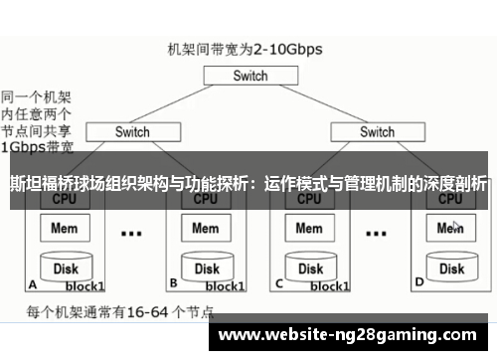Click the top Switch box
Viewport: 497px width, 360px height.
point(250,75)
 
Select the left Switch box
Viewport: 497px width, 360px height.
point(132,131)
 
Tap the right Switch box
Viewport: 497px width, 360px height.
point(377,131)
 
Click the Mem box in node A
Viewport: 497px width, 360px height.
point(67,229)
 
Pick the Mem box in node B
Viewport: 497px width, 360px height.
point(206,229)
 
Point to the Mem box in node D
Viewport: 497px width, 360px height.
point(450,229)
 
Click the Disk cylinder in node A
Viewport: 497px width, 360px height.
point(67,268)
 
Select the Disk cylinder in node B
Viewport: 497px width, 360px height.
point(206,268)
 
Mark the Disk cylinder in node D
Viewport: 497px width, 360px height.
point(450,268)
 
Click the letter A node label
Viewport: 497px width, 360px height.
point(33,282)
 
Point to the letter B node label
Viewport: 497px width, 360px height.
point(173,282)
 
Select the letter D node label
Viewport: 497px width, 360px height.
point(418,282)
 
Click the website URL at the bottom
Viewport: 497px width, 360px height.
point(353,335)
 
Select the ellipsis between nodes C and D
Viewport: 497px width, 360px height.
point(375,235)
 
